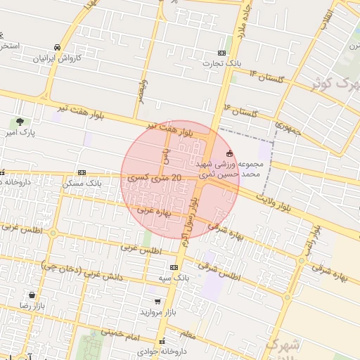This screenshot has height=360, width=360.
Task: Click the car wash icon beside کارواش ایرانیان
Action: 57,48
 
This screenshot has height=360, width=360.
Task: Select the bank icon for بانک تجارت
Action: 222,53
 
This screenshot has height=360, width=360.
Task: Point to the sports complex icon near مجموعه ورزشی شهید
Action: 229,154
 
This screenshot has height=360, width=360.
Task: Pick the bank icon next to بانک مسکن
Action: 82,172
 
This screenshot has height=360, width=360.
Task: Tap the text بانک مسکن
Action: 82,183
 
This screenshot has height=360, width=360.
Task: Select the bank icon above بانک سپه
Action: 174,267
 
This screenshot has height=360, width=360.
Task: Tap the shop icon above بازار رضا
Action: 32,295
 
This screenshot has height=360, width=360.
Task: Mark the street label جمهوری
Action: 288,129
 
